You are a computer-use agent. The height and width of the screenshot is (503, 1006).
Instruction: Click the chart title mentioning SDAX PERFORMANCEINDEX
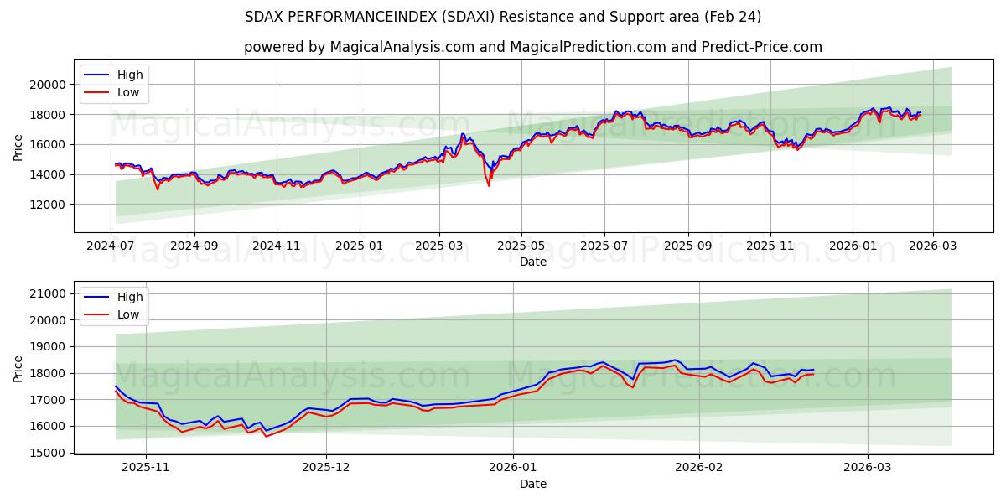tap(503, 17)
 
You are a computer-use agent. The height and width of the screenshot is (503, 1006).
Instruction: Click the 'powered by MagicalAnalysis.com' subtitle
tap(532, 47)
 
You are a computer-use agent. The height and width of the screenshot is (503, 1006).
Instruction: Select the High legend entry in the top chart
tap(130, 75)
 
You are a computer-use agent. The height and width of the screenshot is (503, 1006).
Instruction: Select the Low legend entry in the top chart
tap(128, 92)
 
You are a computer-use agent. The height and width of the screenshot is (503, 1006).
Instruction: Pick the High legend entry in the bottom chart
tap(130, 297)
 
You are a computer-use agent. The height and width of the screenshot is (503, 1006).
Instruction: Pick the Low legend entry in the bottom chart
tap(128, 314)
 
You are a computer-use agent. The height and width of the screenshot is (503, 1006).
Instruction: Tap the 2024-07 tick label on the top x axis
tap(111, 246)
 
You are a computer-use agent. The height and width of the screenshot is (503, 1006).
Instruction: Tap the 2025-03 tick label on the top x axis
tap(439, 246)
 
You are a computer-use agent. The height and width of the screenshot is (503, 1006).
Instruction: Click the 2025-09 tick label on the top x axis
tap(687, 246)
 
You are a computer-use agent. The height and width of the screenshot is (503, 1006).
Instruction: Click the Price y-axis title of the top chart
tap(18, 147)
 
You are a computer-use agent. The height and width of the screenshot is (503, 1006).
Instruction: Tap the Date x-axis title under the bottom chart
tap(532, 484)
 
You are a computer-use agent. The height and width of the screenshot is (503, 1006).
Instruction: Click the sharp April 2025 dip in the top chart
tap(489, 184)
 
